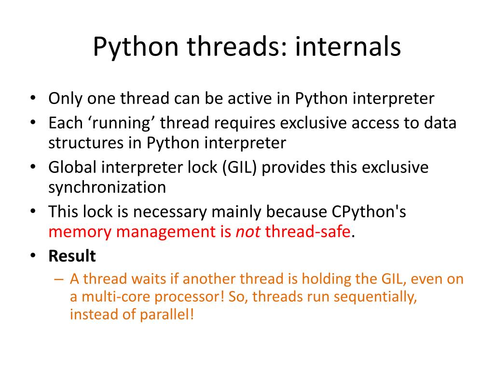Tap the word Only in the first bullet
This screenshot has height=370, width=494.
point(66,99)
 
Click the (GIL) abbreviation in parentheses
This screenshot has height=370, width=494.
point(240,167)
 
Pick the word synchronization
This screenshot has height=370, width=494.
point(107,187)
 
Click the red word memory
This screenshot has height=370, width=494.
point(80,232)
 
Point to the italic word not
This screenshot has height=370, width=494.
point(248,232)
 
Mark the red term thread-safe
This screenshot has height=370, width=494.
point(307,232)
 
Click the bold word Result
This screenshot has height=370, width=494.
point(72,256)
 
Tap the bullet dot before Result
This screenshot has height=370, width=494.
point(32,256)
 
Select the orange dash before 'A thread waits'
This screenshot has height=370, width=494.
point(59,279)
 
